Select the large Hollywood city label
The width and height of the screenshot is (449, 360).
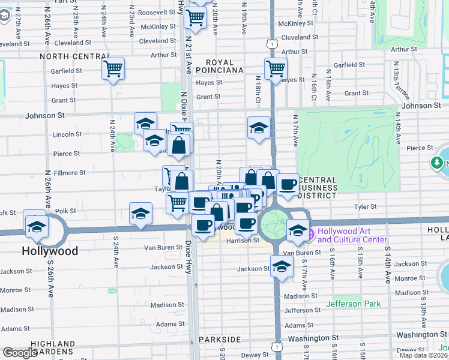(50, 251)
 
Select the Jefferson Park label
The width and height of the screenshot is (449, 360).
(353, 304)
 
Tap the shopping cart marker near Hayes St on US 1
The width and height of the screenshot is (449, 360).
(276, 67)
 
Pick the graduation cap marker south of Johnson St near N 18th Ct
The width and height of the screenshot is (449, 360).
(259, 127)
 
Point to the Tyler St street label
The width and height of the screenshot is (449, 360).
(364, 206)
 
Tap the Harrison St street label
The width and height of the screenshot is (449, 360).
(242, 241)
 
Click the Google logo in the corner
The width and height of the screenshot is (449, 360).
(20, 353)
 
